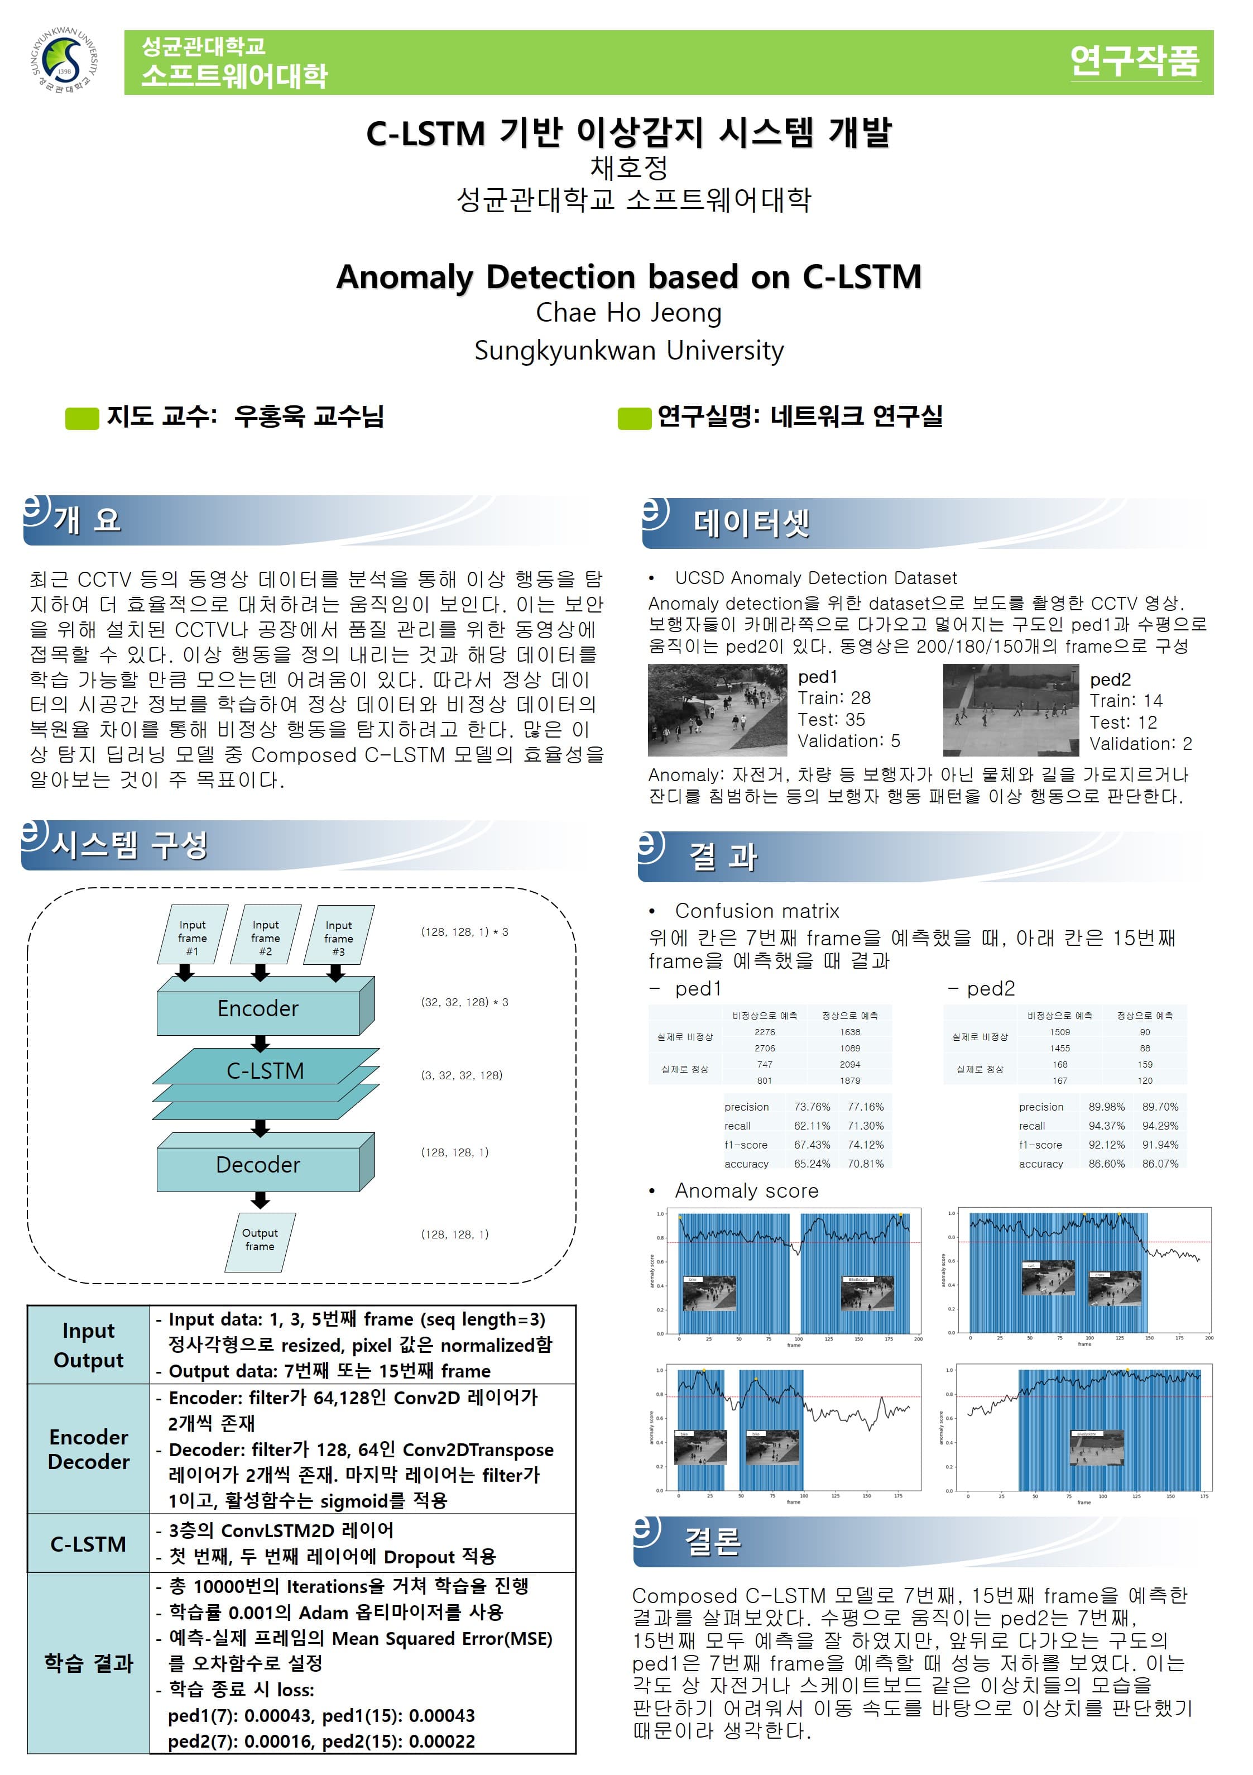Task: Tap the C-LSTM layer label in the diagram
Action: point(265,1071)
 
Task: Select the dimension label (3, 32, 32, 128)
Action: point(462,1075)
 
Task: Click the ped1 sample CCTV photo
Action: point(717,710)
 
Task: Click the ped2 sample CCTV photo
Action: point(1010,710)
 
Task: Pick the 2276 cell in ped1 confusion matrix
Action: point(765,1032)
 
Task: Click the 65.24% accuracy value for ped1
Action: point(812,1164)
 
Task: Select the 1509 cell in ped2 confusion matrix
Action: point(1060,1032)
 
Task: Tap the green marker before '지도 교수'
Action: point(82,418)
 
